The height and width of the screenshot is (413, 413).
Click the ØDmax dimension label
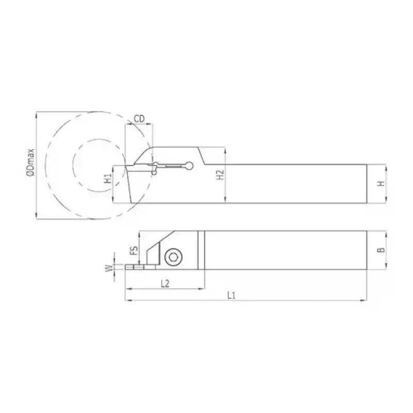pyautogui.click(x=30, y=164)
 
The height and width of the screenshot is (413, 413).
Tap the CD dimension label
pyautogui.click(x=139, y=119)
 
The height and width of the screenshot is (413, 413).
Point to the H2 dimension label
pyautogui.click(x=219, y=174)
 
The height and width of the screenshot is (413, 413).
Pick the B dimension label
pyautogui.click(x=380, y=249)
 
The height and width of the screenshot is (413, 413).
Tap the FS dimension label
pyautogui.click(x=133, y=250)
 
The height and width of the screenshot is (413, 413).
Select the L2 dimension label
pyautogui.click(x=165, y=283)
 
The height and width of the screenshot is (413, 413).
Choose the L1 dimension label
pyautogui.click(x=231, y=295)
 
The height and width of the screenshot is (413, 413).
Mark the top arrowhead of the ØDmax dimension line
pyautogui.click(x=36, y=114)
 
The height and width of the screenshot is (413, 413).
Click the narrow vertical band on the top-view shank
pyautogui.click(x=201, y=249)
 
